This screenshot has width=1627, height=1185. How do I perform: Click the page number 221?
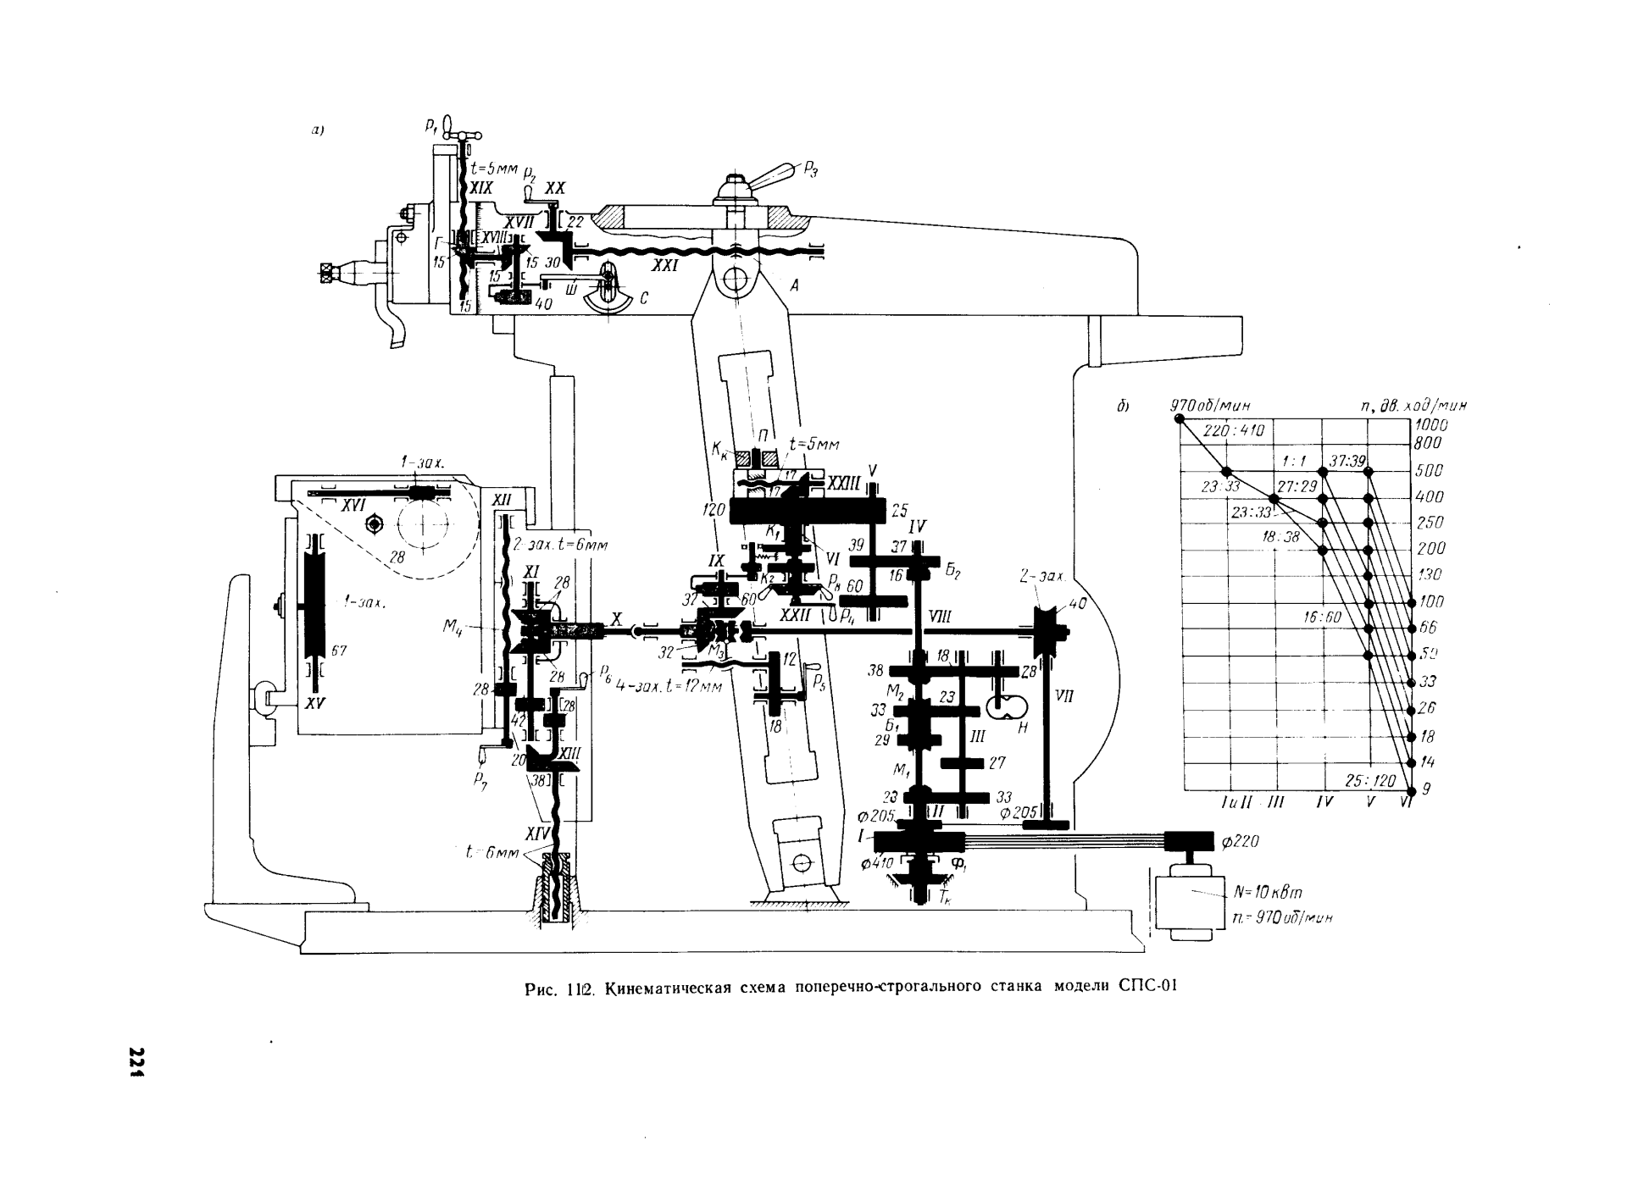point(134,1062)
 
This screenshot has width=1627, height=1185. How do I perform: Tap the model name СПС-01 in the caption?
point(1148,987)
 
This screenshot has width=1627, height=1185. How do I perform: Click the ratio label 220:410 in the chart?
point(1233,430)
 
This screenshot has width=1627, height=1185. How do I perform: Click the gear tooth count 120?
point(714,510)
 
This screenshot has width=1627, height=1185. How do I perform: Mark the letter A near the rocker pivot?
point(794,286)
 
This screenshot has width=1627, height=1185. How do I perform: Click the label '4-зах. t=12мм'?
point(667,687)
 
